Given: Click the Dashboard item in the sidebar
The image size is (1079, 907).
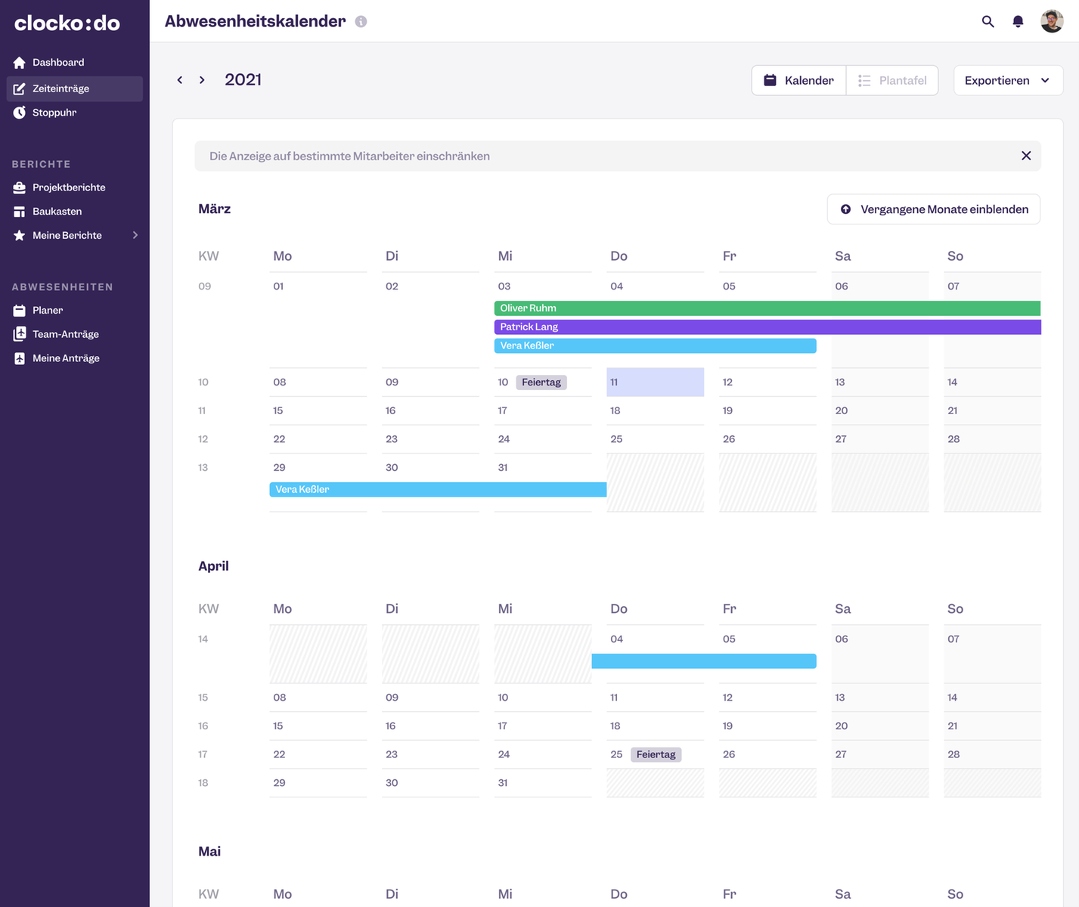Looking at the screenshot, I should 57,63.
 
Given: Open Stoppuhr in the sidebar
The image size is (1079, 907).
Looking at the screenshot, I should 54,113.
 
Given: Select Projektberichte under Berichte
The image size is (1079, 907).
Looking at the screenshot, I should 68,187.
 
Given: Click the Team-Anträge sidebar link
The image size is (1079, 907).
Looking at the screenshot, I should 65,334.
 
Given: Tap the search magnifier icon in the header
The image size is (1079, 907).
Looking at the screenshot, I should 988,21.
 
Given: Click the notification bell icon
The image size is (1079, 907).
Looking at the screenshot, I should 1018,21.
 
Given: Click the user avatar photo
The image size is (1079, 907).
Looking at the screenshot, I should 1051,21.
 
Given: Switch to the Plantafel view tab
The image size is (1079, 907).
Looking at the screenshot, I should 892,80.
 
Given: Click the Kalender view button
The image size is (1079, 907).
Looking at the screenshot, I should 798,80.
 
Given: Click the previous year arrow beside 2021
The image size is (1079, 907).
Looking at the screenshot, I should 180,80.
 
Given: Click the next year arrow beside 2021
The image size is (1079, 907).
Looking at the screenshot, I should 202,80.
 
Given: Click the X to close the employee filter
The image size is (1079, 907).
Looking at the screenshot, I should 1025,156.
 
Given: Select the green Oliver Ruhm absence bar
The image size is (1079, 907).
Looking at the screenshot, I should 767,308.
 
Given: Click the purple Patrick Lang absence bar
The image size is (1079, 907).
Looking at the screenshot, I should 767,327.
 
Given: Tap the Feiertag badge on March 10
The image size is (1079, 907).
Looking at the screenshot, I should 541,382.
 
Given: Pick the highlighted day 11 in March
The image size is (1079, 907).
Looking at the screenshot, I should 655,382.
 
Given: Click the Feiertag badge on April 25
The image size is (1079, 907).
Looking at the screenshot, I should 656,754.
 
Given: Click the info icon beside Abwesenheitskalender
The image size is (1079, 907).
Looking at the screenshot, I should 361,22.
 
